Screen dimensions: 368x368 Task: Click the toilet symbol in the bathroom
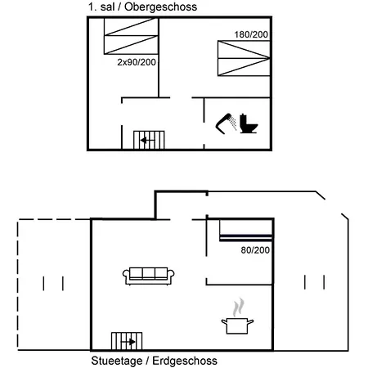tap(249, 124)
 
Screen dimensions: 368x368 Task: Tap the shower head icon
tap(224, 123)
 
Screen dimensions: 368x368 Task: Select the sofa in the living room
tap(149, 276)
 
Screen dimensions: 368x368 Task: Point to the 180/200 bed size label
tap(251, 34)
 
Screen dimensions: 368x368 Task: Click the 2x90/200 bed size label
tap(137, 62)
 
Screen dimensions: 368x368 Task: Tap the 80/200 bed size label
tap(255, 250)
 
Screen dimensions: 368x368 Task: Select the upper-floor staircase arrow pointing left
tap(147, 141)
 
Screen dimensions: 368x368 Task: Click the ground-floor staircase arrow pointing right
tap(128, 342)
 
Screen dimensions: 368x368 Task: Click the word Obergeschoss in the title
tap(160, 7)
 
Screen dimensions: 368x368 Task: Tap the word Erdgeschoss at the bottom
tap(185, 361)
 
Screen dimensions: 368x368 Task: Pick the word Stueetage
tap(117, 361)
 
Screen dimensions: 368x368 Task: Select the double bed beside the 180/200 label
tap(244, 58)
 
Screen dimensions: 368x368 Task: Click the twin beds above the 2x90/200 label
tap(131, 36)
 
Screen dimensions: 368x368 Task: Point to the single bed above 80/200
tap(246, 231)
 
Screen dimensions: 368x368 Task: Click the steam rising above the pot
tap(238, 307)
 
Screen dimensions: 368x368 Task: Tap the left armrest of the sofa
tap(126, 276)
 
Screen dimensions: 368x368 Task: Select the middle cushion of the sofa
tap(149, 272)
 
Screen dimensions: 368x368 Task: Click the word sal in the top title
tap(107, 7)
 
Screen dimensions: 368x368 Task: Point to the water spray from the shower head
tap(233, 123)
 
